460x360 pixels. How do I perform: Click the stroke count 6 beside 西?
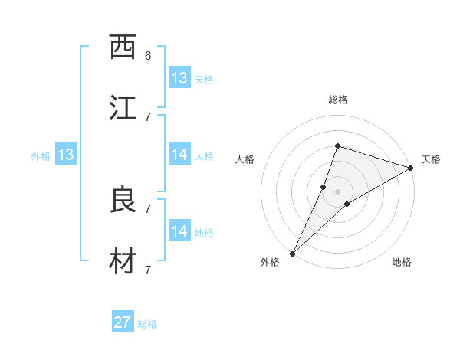click(148, 55)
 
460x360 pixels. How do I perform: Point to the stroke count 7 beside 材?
click(148, 270)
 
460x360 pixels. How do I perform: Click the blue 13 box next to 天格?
click(179, 78)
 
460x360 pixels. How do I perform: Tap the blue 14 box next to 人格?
click(179, 155)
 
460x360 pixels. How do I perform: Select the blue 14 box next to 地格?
click(179, 231)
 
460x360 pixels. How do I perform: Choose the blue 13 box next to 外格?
click(66, 155)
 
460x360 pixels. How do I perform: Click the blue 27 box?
click(123, 322)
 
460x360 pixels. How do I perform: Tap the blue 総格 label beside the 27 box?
click(147, 324)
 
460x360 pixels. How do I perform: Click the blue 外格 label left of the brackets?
click(41, 156)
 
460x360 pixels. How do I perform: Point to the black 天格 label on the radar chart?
click(431, 159)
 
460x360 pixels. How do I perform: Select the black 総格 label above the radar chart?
click(338, 100)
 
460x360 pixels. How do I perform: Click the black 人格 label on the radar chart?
click(245, 159)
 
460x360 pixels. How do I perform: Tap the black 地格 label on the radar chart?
click(402, 263)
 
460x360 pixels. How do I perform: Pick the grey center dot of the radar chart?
click(338, 191)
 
